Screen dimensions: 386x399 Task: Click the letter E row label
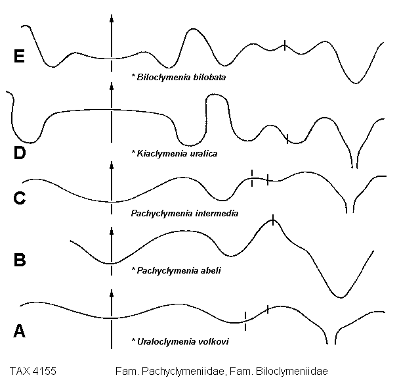20,57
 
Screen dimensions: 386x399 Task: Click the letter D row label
20,153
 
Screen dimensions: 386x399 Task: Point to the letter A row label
20,331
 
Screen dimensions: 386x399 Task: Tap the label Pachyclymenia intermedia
175,213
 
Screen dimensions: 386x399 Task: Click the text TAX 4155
37,371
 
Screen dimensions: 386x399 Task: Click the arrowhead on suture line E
112,18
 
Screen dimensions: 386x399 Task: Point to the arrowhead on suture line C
112,166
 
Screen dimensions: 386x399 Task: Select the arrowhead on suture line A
112,294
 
